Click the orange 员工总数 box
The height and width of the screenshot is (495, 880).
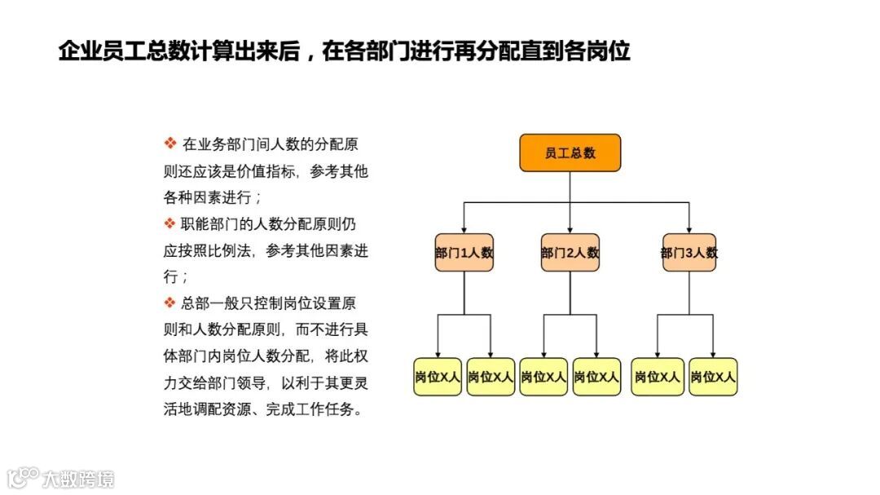coord(570,153)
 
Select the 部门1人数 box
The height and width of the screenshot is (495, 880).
coord(464,253)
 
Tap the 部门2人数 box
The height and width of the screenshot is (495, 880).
coord(570,253)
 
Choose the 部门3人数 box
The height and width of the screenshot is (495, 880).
coord(689,253)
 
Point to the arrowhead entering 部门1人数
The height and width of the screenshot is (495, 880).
coord(464,229)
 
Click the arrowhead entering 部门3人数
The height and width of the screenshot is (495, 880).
coord(689,229)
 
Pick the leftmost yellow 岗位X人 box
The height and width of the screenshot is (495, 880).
coord(438,377)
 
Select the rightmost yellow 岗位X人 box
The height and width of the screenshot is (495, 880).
coord(713,377)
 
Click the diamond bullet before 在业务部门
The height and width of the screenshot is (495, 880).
coord(170,144)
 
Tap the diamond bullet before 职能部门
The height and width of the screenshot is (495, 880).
coord(170,223)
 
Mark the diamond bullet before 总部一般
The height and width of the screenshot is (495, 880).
coord(170,303)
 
